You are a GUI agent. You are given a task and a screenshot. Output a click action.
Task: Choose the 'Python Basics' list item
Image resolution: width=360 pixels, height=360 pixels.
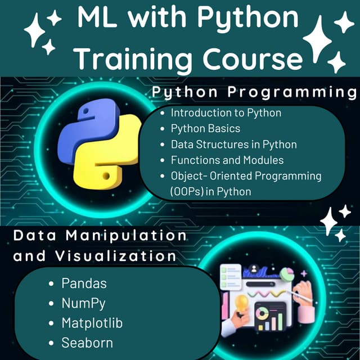(205, 128)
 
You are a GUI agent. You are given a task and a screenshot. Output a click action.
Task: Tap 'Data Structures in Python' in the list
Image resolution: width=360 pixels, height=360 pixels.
(233, 144)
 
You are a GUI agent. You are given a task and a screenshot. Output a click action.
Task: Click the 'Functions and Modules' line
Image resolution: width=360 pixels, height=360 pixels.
(227, 160)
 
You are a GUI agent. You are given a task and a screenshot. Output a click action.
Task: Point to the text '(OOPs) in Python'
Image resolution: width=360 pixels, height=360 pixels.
(210, 192)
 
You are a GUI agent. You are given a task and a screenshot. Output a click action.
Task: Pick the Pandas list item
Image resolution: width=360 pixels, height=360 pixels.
(84, 283)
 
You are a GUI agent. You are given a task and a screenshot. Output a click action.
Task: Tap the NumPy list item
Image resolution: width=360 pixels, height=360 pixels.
(83, 303)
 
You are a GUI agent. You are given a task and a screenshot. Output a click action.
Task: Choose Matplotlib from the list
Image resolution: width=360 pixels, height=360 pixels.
(92, 323)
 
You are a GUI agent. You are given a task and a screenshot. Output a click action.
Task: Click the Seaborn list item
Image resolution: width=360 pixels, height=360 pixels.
(87, 343)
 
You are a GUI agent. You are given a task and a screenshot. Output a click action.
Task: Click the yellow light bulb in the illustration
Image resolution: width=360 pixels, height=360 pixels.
(242, 304)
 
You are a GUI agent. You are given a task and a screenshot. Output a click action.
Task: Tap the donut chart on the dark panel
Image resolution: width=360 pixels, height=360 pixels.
(262, 314)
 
